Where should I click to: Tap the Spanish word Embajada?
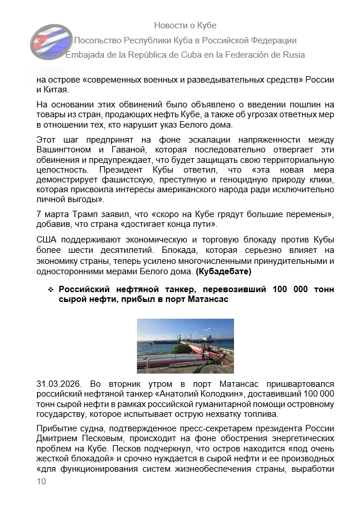click(86, 55)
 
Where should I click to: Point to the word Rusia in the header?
click(291, 55)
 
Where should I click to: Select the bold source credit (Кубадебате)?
click(224, 271)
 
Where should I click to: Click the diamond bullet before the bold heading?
click(51, 289)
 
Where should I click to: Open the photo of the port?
click(185, 346)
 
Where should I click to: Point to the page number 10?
click(41, 497)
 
